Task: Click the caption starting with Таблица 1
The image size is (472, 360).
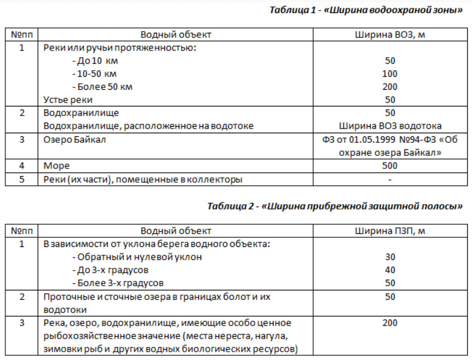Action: click(365, 11)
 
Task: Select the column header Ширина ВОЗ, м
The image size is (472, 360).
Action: click(390, 35)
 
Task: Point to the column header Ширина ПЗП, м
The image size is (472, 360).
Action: click(390, 231)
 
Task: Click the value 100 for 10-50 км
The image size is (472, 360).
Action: click(390, 74)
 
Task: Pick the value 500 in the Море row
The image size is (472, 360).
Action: click(390, 165)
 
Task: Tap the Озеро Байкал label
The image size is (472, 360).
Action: click(75, 139)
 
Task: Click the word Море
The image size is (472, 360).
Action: click(57, 165)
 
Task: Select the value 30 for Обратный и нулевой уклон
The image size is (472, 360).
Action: click(390, 257)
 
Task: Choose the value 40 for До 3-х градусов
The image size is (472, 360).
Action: click(390, 270)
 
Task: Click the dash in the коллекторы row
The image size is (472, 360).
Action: click(390, 179)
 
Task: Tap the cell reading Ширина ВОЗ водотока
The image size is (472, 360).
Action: click(390, 126)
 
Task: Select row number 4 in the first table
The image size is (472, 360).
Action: click(22, 165)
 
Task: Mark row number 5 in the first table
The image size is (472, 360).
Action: click(22, 179)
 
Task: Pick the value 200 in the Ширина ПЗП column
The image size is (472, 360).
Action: click(390, 323)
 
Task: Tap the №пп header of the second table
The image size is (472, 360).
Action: click(22, 231)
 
